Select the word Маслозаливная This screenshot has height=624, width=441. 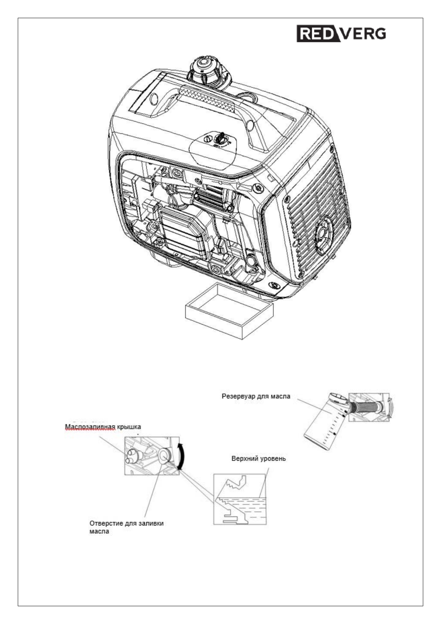pyautogui.click(x=89, y=427)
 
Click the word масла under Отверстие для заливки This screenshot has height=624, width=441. pyautogui.click(x=99, y=531)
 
